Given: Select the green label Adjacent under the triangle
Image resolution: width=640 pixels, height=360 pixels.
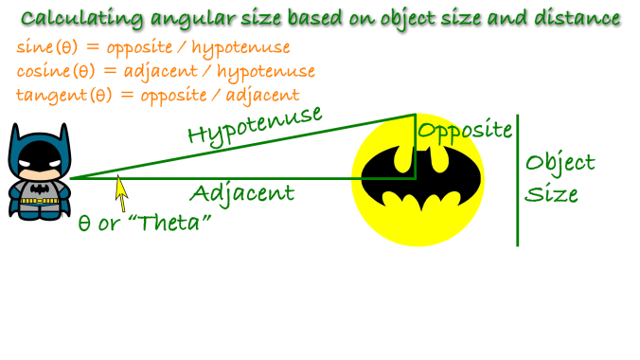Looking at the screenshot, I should (x=241, y=193).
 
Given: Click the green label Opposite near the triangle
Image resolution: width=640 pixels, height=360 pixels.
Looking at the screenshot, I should (x=465, y=130).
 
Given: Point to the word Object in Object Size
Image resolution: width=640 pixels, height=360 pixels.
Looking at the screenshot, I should (x=560, y=163).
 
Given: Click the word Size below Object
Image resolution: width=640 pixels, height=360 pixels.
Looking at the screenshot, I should (x=552, y=195).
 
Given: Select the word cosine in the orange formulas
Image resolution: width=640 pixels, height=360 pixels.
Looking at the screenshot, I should (x=44, y=71).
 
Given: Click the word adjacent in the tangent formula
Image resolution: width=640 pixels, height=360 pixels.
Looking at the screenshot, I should (x=264, y=95).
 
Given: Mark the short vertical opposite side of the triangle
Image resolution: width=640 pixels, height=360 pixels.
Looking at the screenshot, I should (x=415, y=147).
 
